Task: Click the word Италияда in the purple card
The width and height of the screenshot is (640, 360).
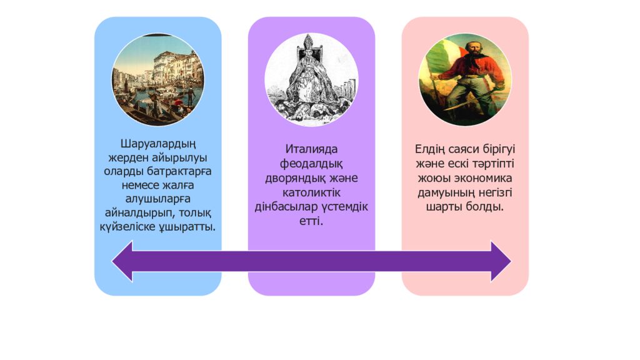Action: (x=311, y=150)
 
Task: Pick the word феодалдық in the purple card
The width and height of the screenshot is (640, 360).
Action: (x=311, y=164)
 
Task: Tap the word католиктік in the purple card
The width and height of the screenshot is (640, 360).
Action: (x=311, y=191)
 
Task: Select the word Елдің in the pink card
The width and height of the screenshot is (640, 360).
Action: (x=432, y=150)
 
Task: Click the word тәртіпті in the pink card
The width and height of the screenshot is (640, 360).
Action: (x=488, y=164)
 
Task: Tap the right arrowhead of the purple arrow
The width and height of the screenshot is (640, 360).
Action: (x=500, y=261)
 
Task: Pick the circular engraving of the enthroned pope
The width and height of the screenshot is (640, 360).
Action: (x=311, y=79)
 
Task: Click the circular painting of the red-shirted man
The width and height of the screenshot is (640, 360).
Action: (x=465, y=79)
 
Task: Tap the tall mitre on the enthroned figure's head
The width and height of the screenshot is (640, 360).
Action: (x=311, y=46)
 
